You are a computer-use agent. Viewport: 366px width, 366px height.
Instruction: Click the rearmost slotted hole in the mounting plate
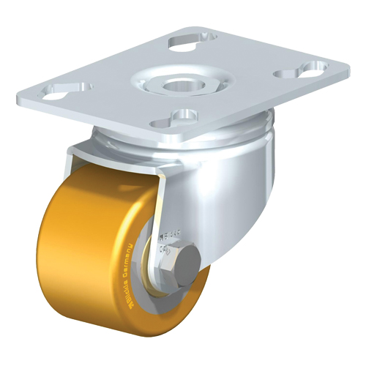coord(193,42)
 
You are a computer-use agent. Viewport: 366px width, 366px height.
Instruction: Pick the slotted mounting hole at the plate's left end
coord(61,92)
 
